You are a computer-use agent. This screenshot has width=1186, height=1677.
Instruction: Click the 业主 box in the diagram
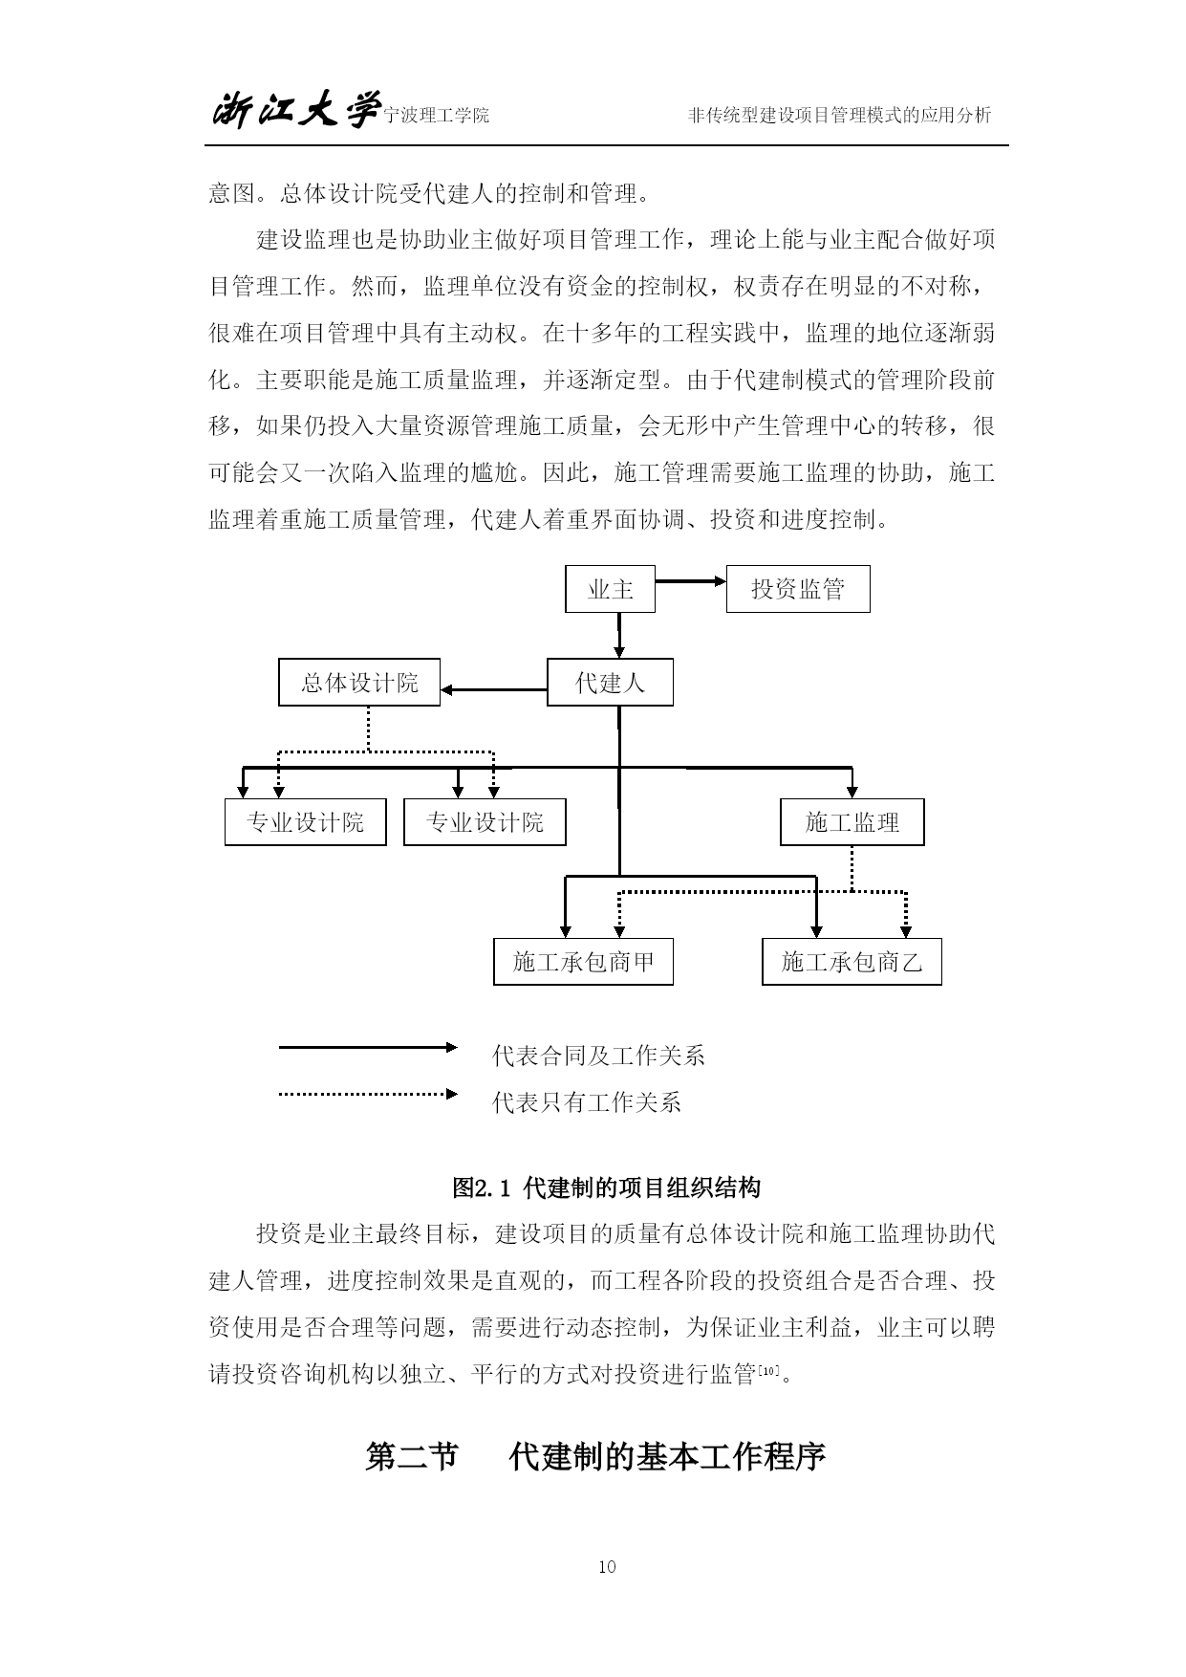point(611,589)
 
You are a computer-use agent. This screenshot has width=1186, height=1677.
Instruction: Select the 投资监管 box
point(798,589)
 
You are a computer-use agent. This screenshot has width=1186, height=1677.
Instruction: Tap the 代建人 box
point(610,683)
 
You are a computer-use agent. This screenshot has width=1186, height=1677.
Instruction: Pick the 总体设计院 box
point(359,683)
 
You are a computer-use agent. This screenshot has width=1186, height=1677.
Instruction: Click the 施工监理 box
point(852,822)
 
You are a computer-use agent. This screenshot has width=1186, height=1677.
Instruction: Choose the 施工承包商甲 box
point(583,962)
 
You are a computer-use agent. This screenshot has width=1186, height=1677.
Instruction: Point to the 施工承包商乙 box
point(852,962)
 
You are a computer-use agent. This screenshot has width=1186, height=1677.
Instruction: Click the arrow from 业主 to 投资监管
point(691,580)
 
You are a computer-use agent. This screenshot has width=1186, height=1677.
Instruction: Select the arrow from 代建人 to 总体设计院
point(493,689)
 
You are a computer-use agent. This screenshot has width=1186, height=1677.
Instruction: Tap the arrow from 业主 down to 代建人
point(619,636)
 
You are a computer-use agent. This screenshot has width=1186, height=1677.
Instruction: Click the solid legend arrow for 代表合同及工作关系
point(368,1047)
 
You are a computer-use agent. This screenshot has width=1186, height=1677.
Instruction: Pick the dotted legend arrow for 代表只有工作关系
point(368,1094)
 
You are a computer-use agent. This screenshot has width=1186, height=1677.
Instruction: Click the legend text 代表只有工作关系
point(587,1102)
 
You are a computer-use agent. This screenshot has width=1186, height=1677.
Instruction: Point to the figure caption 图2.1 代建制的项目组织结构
point(607,1188)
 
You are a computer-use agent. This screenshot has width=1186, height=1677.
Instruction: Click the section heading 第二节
point(412,1457)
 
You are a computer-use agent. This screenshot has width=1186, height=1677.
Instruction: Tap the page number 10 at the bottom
point(607,1566)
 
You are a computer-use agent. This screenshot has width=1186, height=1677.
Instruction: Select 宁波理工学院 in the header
point(436,116)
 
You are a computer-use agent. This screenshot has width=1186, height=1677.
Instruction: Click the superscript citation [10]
point(768,1370)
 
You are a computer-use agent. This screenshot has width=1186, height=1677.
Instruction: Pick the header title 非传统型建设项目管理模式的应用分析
point(840,116)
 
